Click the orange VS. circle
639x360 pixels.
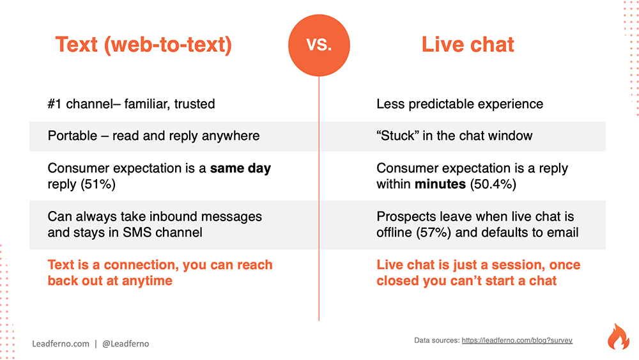click(x=319, y=45)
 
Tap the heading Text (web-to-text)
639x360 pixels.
click(x=143, y=44)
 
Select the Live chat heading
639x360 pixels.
click(x=468, y=44)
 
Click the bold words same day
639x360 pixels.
click(x=240, y=168)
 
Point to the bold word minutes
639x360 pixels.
click(x=440, y=184)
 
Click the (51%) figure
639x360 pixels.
click(x=98, y=184)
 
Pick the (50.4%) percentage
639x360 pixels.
click(x=493, y=184)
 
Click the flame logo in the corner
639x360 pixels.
click(x=618, y=337)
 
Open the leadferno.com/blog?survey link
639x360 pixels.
click(x=517, y=340)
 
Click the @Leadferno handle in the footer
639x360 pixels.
click(x=125, y=343)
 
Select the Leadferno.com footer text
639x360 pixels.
click(x=61, y=343)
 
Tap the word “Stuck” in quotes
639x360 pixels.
click(x=397, y=136)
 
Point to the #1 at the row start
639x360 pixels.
click(x=54, y=104)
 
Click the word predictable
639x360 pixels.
click(x=442, y=104)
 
